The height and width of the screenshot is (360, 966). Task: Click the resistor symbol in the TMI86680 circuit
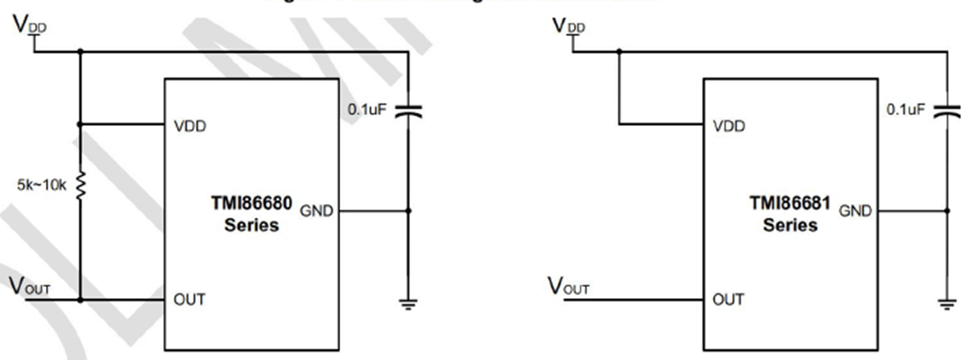80,186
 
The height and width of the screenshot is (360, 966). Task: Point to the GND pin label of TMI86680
317,211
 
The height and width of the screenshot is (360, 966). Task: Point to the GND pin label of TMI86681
856,211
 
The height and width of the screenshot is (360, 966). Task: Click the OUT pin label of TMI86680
189,299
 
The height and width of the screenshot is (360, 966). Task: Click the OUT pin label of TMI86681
727,299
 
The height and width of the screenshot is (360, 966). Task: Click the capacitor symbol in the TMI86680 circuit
409,114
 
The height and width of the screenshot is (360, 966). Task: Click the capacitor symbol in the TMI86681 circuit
947,114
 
